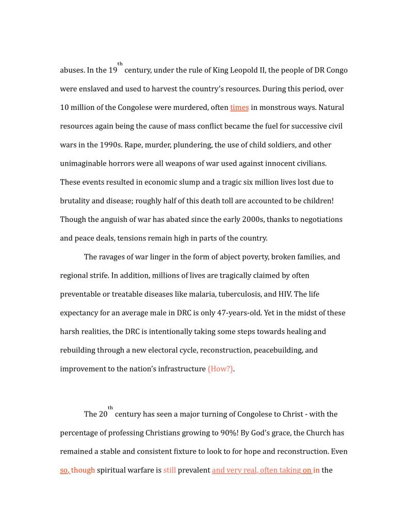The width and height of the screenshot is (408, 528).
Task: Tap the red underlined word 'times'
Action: (239, 107)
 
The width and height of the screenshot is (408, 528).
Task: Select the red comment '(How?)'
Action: (220, 369)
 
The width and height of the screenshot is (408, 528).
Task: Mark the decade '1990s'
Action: (110, 145)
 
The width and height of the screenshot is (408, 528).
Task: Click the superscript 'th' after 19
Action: (120, 64)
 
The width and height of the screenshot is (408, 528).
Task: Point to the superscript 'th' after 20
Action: (110, 408)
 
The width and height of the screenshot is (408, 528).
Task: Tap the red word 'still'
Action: (170, 470)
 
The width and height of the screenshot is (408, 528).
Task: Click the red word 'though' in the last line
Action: (83, 470)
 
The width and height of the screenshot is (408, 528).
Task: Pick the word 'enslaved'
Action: (93, 89)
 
